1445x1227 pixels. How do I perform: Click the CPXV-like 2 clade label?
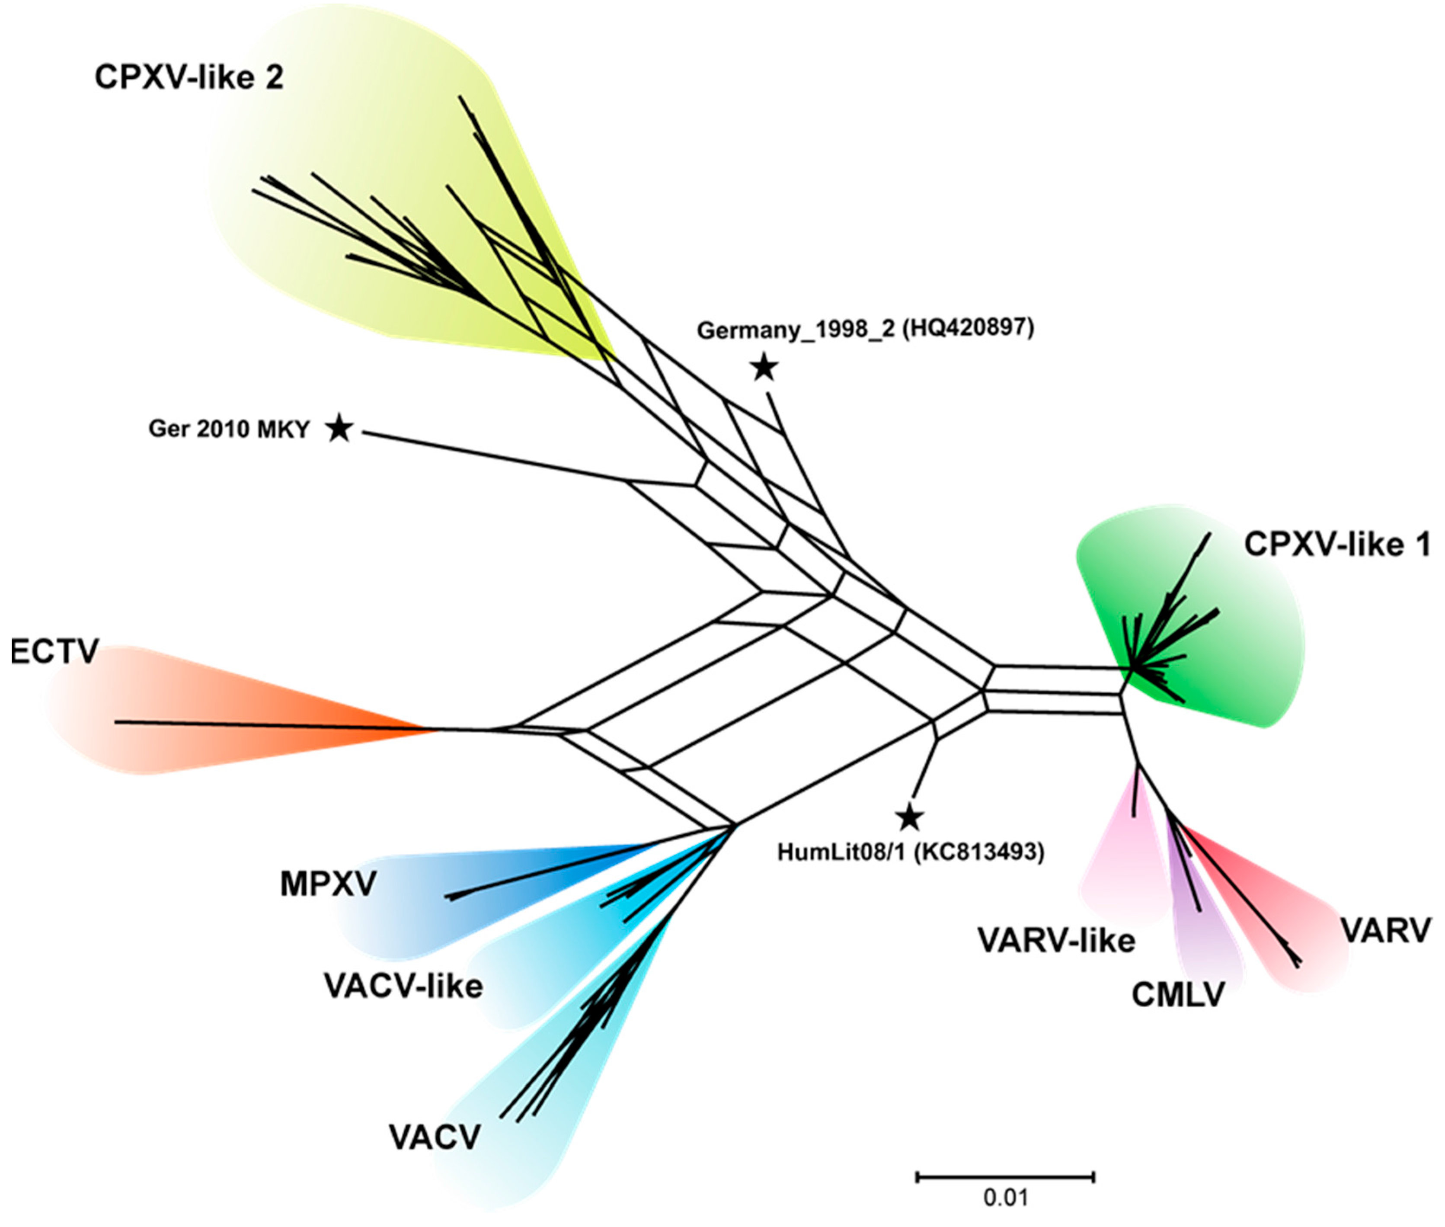tap(189, 78)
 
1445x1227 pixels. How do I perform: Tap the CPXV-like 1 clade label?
tap(1336, 545)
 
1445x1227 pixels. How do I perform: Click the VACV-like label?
tap(403, 986)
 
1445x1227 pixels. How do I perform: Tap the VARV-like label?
tap(1056, 940)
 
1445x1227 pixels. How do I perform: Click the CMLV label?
tap(1177, 995)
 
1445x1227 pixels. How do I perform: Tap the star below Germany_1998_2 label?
tap(764, 367)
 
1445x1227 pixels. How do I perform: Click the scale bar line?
tap(1006, 1177)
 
